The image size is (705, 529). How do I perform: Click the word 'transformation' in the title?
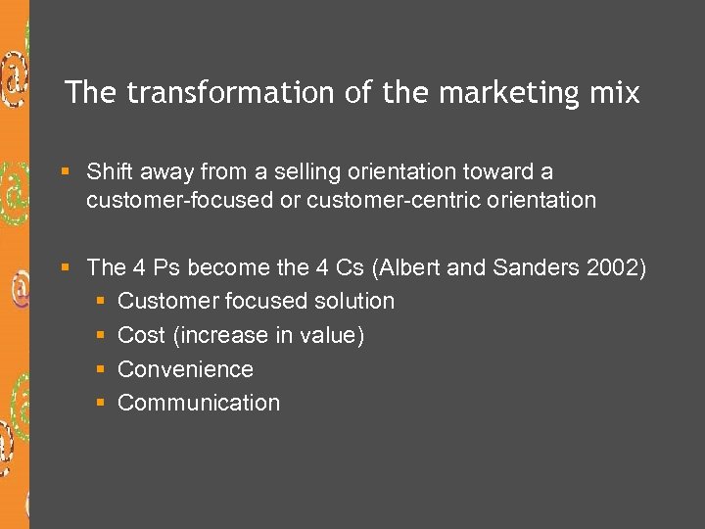230,93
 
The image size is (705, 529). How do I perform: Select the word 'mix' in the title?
617,93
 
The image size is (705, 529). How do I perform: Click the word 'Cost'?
141,336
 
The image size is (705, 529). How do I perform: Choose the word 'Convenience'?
185,369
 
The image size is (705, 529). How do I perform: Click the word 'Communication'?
199,403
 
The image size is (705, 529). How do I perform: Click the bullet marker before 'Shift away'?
66,172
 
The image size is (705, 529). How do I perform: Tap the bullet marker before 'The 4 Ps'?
66,267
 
